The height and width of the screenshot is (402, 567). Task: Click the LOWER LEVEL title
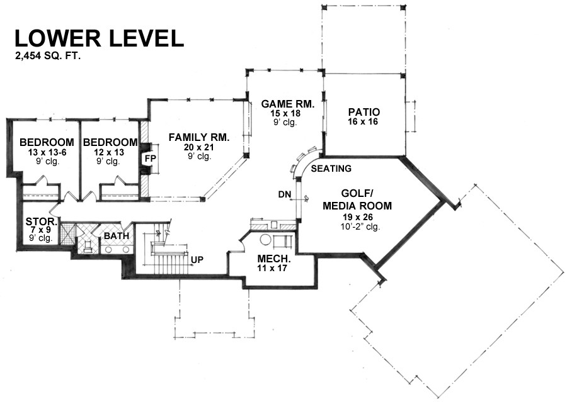coord(99,38)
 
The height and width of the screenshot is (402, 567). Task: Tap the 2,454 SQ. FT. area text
coord(47,56)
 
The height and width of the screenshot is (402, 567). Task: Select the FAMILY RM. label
coord(199,137)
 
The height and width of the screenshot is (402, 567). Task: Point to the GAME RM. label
coord(288,104)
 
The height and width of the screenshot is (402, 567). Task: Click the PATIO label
coord(364,112)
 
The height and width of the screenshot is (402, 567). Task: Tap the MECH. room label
coord(274,259)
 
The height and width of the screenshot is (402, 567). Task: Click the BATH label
coord(117,236)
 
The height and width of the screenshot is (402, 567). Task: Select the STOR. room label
coord(41,221)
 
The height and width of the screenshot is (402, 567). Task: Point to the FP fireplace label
coord(151,159)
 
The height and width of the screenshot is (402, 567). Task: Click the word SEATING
coord(331,169)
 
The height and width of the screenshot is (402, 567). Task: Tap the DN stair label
coord(285,194)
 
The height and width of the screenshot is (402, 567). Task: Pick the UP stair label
coord(197,260)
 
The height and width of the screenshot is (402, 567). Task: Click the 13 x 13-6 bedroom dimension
coord(47,152)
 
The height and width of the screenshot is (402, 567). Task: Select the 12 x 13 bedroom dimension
coord(109,152)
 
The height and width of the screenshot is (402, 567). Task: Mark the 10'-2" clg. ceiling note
coord(358,227)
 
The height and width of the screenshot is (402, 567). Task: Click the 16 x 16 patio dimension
coord(363,121)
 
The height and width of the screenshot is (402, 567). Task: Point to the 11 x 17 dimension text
coord(272,269)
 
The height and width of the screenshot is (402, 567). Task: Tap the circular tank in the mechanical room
coord(266,240)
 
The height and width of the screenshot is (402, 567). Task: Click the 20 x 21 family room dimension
coord(199,147)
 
